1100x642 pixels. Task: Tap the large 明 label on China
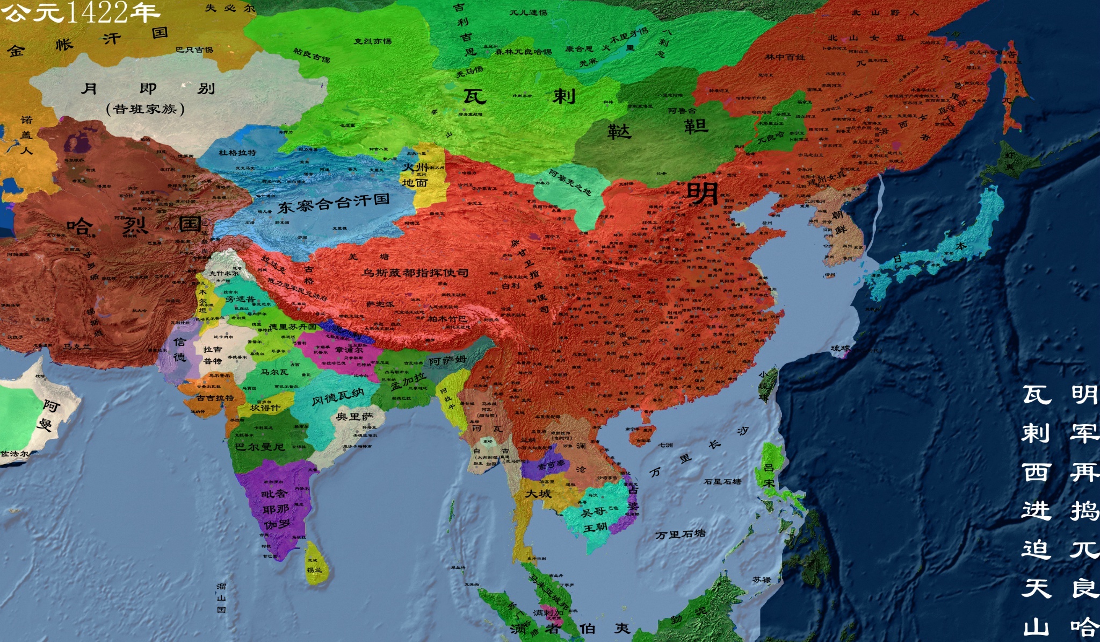click(702, 194)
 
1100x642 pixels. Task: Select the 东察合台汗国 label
click(333, 203)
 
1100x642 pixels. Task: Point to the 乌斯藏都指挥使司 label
click(415, 273)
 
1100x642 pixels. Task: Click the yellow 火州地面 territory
click(424, 175)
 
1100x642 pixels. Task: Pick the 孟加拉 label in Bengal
click(408, 381)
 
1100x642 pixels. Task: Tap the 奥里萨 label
click(354, 417)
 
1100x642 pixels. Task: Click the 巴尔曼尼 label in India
click(259, 447)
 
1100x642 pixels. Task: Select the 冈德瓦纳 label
click(338, 397)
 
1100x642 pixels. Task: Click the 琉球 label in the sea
click(841, 348)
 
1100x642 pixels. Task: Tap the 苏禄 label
click(762, 580)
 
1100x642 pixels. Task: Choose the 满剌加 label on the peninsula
click(548, 612)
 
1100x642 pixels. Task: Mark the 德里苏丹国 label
click(292, 327)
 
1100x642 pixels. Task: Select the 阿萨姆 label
click(447, 360)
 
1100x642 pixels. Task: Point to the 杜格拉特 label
click(237, 153)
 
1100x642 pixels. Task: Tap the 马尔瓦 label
click(274, 372)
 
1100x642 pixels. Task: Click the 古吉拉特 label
click(215, 398)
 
